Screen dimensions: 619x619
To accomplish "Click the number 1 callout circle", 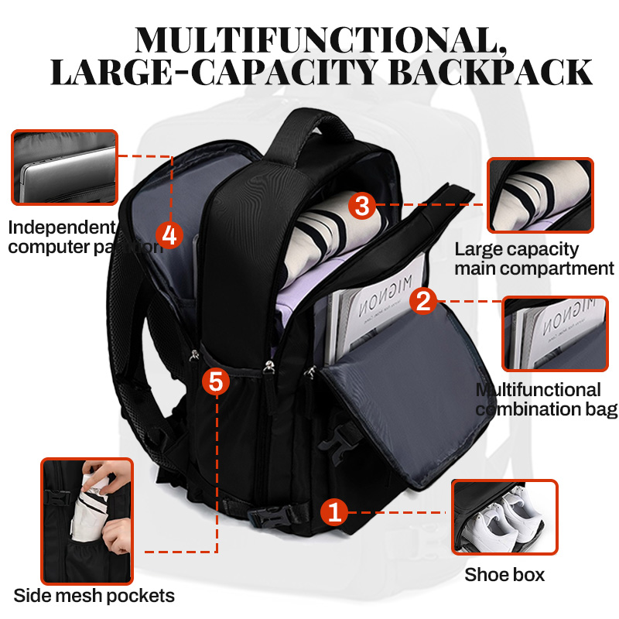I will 333,511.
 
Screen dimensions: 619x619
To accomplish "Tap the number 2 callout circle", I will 422,300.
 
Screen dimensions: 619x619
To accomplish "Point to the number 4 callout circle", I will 170,234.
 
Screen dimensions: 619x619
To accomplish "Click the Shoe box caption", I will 504,575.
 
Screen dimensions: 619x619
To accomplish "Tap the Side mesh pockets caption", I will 94,596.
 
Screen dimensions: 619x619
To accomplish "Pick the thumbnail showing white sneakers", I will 504,517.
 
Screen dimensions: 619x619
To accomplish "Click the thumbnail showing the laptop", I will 64,167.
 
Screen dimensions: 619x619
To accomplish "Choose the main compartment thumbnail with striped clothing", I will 539,195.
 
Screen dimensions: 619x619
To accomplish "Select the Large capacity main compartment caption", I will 534,258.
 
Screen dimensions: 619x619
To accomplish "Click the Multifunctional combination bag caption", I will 546,399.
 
